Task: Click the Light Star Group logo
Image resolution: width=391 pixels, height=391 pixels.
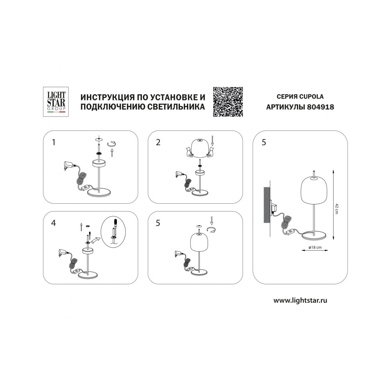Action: pyautogui.click(x=56, y=102)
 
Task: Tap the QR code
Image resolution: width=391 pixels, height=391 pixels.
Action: pyautogui.click(x=228, y=102)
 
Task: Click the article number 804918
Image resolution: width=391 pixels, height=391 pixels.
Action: pyautogui.click(x=321, y=107)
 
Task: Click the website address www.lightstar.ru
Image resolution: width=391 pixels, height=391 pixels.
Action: pyautogui.click(x=300, y=300)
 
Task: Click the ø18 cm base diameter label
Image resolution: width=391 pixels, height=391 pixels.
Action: pyautogui.click(x=315, y=248)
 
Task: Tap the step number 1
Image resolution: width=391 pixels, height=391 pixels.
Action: pyautogui.click(x=54, y=142)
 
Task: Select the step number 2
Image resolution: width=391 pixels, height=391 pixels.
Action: pyautogui.click(x=158, y=142)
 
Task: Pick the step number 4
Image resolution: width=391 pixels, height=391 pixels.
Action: pyautogui.click(x=53, y=223)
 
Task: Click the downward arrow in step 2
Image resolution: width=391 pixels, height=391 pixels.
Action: pyautogui.click(x=212, y=141)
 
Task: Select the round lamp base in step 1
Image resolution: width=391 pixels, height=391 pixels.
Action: pyautogui.click(x=99, y=192)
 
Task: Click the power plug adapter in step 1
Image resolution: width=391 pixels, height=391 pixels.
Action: pyautogui.click(x=68, y=165)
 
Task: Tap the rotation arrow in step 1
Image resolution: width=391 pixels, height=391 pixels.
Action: pyautogui.click(x=112, y=143)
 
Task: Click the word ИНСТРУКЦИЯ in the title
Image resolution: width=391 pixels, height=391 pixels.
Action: pyautogui.click(x=105, y=97)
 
